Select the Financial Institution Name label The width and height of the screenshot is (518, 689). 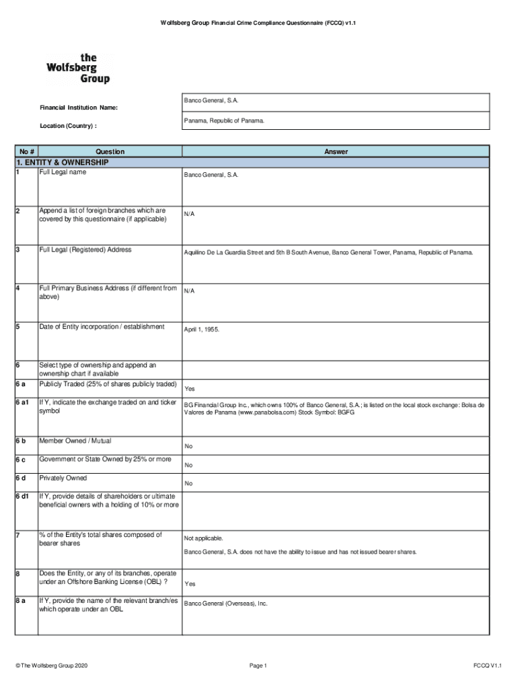[x=79, y=108]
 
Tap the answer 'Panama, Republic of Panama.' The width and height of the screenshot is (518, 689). [x=224, y=121]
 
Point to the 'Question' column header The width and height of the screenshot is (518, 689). [x=110, y=152]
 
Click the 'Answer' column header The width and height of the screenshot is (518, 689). [x=336, y=152]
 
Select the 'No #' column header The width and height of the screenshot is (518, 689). [x=27, y=152]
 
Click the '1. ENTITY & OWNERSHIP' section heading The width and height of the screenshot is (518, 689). [x=62, y=163]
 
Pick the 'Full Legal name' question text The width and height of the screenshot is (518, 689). [x=63, y=172]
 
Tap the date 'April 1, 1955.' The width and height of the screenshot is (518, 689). [x=202, y=330]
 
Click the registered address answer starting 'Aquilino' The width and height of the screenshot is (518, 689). [x=328, y=253]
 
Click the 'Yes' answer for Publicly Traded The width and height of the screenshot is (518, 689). [x=190, y=389]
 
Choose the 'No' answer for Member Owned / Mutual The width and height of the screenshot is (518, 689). [x=188, y=446]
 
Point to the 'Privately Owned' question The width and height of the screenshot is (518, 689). [x=63, y=478]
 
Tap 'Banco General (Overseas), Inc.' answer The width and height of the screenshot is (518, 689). [x=226, y=604]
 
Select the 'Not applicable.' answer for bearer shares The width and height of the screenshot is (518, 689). [x=203, y=538]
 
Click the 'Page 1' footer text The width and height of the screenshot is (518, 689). [x=258, y=666]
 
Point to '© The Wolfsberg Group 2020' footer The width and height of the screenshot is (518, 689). [x=51, y=666]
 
